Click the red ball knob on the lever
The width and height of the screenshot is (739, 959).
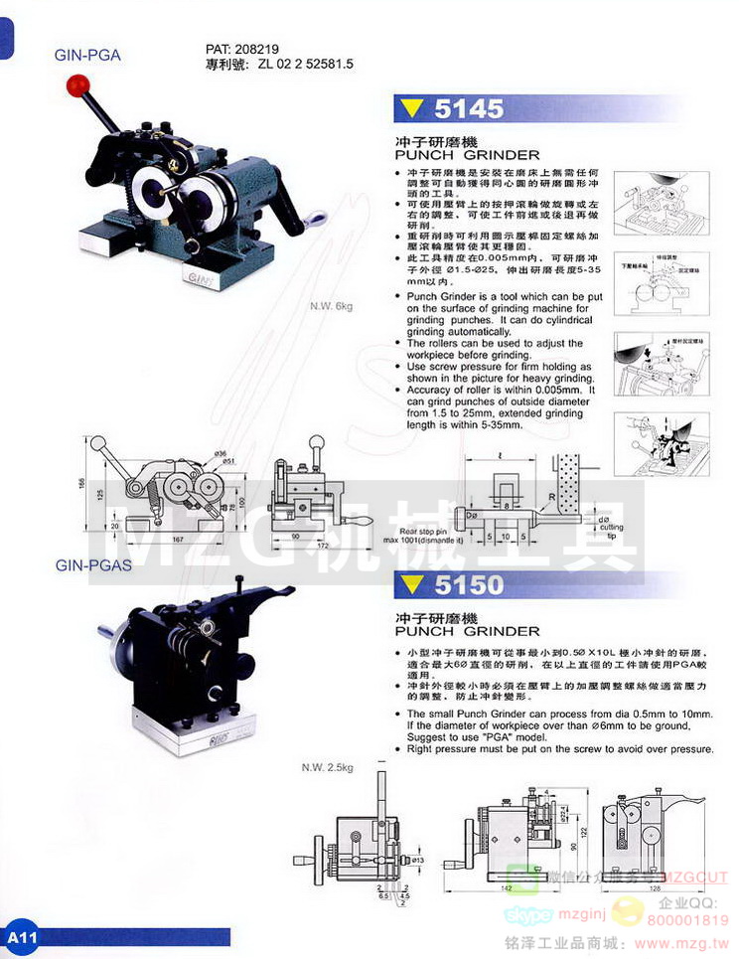74,86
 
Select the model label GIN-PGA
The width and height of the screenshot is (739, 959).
87,56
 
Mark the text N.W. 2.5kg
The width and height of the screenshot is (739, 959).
329,768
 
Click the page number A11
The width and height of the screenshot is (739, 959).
21,938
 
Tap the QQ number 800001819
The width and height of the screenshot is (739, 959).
686,920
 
